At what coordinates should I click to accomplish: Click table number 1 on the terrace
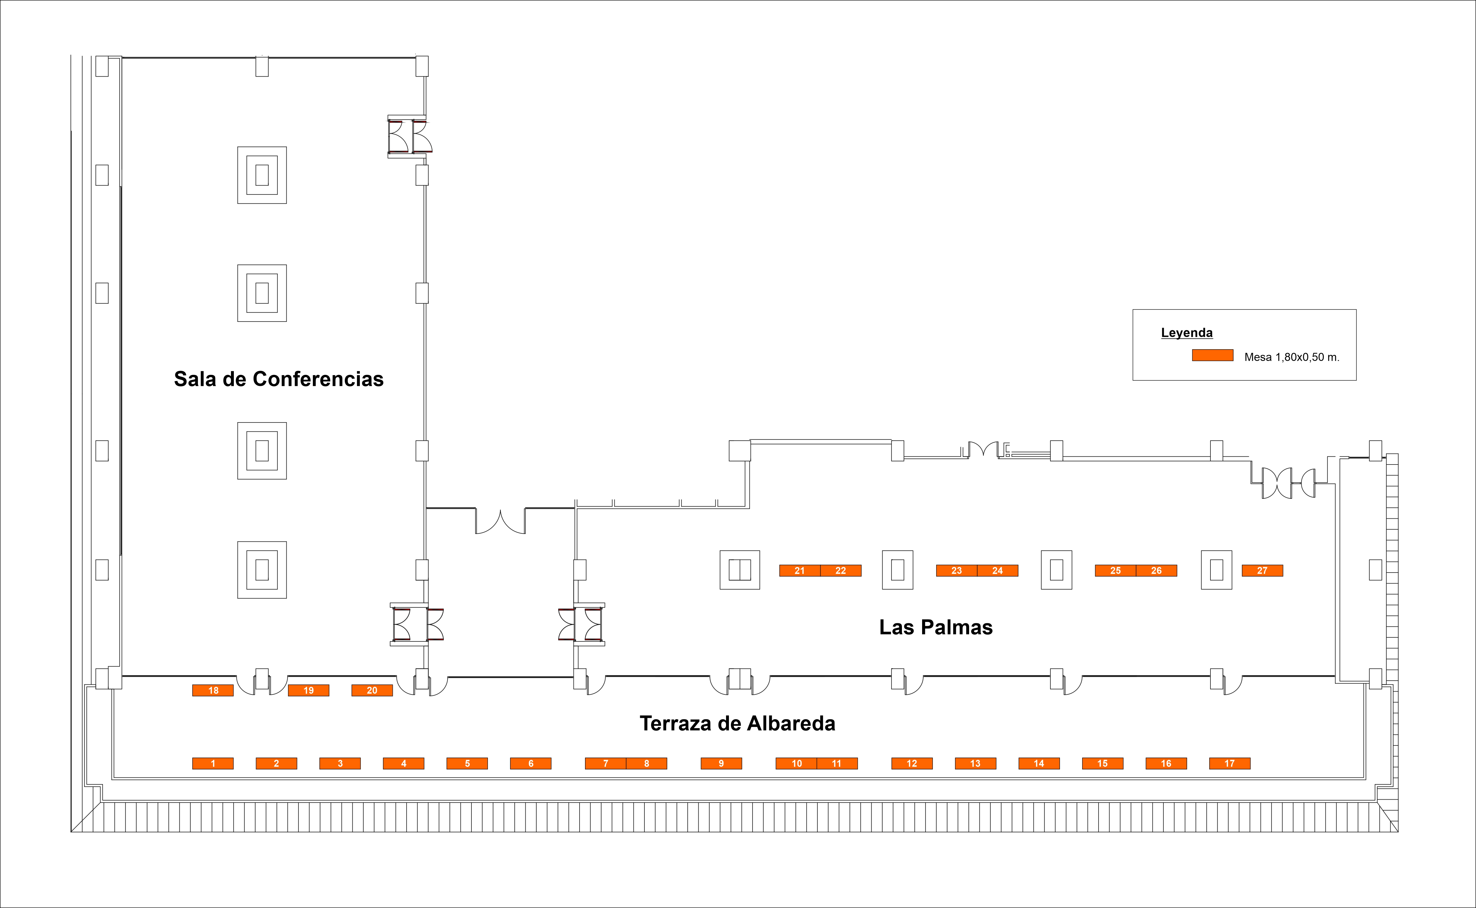(213, 763)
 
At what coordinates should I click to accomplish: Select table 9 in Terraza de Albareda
(721, 763)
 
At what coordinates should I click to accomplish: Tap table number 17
(1229, 763)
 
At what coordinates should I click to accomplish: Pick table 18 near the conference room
(213, 691)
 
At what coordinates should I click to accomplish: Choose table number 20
(372, 691)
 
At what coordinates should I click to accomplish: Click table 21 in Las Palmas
(800, 571)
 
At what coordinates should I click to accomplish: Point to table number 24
(997, 571)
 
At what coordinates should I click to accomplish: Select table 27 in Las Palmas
(1262, 571)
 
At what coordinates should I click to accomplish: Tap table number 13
(975, 763)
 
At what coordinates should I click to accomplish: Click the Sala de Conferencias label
(279, 379)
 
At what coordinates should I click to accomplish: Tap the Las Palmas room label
(935, 628)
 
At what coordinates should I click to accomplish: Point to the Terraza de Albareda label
(737, 724)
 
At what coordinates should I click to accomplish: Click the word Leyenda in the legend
(1187, 333)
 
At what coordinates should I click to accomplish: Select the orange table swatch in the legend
(1212, 356)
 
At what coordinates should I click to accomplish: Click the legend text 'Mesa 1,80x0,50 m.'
(1291, 357)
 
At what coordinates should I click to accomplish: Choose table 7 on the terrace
(606, 763)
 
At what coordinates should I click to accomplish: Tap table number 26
(1156, 571)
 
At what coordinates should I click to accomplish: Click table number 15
(1102, 763)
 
